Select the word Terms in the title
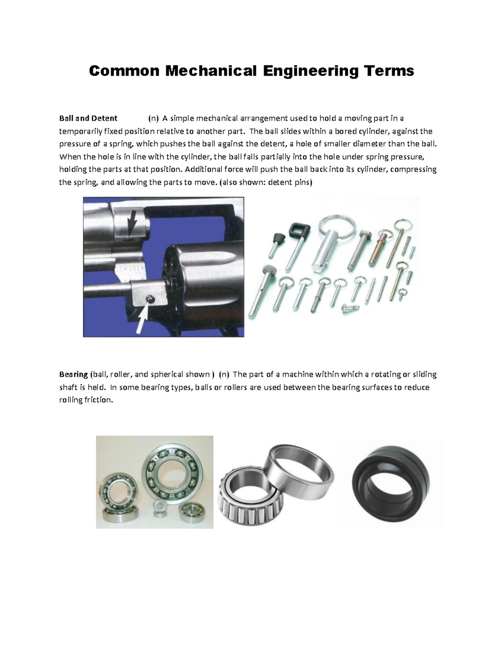click(x=389, y=71)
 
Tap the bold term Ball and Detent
click(x=88, y=118)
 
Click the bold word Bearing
click(x=73, y=374)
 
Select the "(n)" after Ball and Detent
click(x=154, y=118)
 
